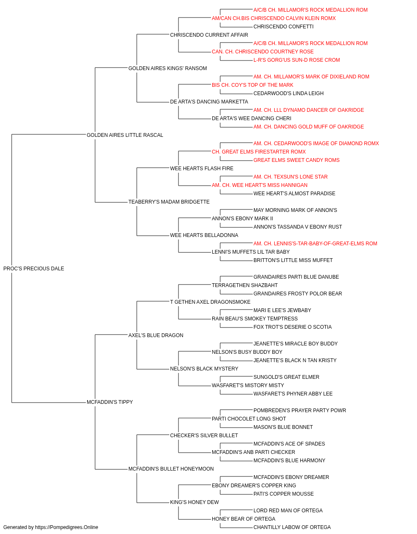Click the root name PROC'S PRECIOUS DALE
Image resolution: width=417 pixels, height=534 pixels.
point(34,269)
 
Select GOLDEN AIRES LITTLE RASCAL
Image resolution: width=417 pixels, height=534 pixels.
point(125,135)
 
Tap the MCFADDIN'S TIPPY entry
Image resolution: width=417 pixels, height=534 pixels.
point(110,402)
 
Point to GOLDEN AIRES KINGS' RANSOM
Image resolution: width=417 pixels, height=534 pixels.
point(168,68)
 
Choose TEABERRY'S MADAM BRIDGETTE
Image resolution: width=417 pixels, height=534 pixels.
point(169,202)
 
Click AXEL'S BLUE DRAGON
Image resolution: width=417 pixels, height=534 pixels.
point(156,335)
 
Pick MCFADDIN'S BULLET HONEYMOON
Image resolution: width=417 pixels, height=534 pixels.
point(171,469)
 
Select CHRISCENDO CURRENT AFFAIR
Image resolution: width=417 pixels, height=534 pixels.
point(209,35)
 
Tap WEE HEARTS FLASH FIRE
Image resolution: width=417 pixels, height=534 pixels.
point(202,168)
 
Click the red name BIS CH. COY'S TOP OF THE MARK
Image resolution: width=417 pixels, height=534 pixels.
point(252,85)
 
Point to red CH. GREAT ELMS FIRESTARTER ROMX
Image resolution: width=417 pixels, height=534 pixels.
point(259,151)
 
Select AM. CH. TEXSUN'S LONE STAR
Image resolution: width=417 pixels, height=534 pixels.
point(291,177)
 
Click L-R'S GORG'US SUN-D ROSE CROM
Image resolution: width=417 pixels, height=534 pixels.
point(296,60)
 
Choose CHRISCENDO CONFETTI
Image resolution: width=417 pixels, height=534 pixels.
point(284,27)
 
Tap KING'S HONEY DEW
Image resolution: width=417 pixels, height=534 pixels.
point(194,502)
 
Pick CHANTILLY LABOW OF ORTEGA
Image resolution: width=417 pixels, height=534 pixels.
point(292,527)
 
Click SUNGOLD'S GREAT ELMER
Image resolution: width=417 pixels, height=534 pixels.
point(286,377)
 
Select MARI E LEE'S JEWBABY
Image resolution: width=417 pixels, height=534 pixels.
point(282,310)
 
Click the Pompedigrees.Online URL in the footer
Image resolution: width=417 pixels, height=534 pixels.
point(67,527)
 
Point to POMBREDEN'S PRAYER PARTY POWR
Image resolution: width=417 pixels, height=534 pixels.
point(299,411)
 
